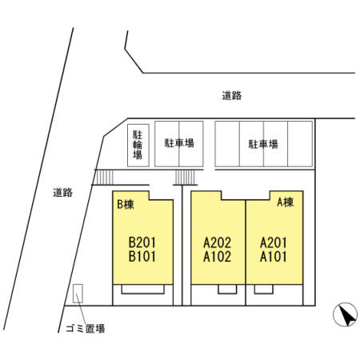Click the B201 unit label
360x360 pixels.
click(x=142, y=242)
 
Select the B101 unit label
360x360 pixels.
click(x=142, y=256)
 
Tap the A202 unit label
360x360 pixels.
click(x=217, y=242)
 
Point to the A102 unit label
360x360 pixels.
click(x=217, y=257)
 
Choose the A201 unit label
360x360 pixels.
click(x=274, y=242)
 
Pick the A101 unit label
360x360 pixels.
click(x=274, y=257)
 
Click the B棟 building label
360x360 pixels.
click(x=126, y=205)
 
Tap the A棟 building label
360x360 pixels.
click(x=286, y=202)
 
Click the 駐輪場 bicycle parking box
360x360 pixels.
click(x=138, y=146)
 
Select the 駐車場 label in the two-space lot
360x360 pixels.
click(x=179, y=143)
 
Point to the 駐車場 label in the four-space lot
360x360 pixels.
click(x=263, y=144)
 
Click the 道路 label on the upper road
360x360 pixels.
click(x=232, y=95)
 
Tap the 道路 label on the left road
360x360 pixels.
click(x=62, y=192)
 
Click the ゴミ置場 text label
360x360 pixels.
click(x=86, y=328)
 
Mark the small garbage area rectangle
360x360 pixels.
click(x=78, y=294)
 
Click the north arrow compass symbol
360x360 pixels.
click(x=346, y=314)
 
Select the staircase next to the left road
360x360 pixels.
click(x=105, y=177)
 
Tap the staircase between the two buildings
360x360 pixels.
click(x=185, y=177)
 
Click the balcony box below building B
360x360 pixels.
click(x=143, y=290)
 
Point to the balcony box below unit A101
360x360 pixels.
click(x=263, y=290)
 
